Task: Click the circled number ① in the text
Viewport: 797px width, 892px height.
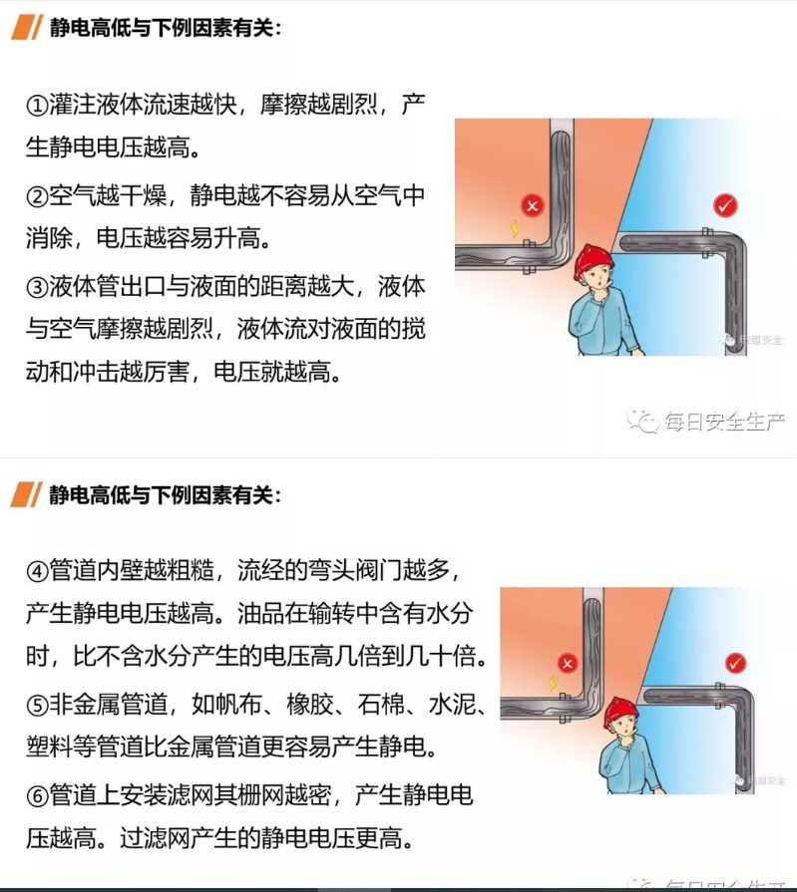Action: [36, 106]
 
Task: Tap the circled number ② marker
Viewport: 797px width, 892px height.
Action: [36, 196]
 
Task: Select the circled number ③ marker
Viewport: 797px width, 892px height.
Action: [36, 288]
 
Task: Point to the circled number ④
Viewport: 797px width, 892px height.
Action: [36, 571]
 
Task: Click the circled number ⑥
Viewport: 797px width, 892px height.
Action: [36, 796]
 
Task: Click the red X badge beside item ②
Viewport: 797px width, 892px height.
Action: [534, 206]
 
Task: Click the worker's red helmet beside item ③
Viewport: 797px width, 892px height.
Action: [595, 258]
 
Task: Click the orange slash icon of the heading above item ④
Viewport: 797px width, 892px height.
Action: [26, 494]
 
